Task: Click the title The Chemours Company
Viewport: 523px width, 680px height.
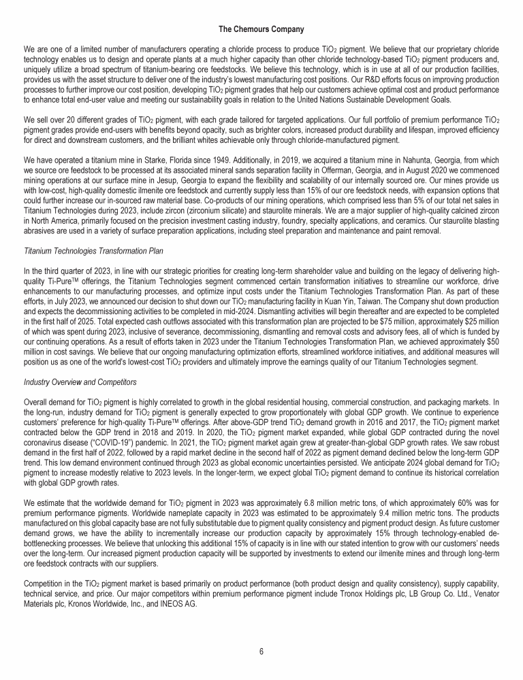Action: coord(261,29)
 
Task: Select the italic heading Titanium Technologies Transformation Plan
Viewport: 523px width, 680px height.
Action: coord(93,251)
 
